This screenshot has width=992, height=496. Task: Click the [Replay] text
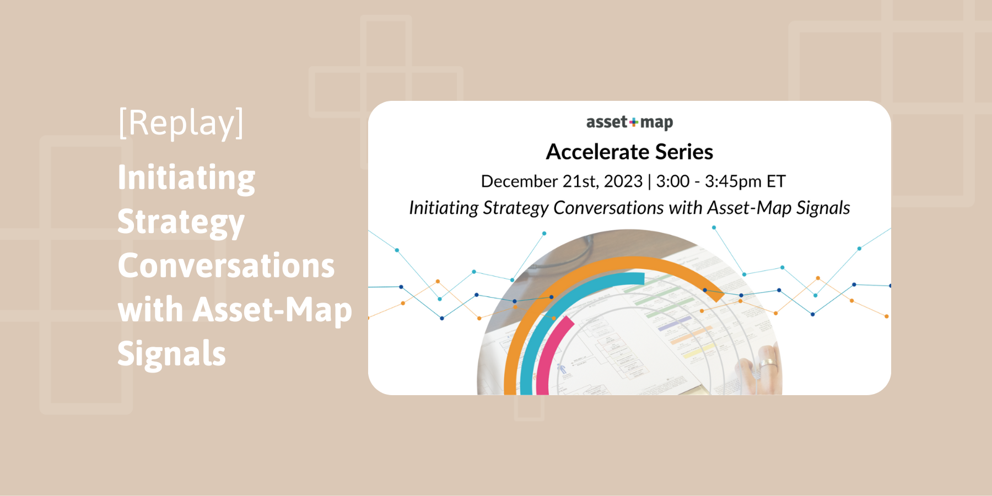[x=181, y=123]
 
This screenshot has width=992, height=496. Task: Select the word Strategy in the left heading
[x=181, y=222]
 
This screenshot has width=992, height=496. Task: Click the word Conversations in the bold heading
[x=226, y=266]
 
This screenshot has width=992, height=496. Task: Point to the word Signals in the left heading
[x=171, y=353]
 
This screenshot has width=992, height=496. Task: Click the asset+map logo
[x=629, y=122]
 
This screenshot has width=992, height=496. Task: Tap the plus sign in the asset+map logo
[x=634, y=122]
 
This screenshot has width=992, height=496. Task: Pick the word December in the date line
[x=519, y=181]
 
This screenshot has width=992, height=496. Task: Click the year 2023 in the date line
[x=623, y=181]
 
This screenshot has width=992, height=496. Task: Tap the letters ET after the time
[x=776, y=181]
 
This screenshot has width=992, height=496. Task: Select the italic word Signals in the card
[x=823, y=208]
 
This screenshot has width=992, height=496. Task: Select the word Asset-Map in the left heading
[x=272, y=310]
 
